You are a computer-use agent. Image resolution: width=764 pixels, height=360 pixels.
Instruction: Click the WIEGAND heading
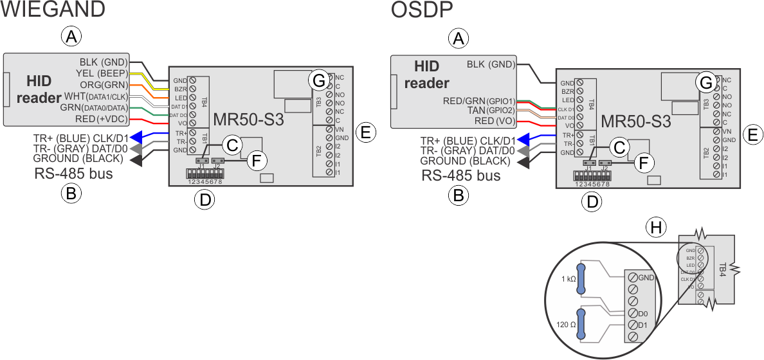point(53,10)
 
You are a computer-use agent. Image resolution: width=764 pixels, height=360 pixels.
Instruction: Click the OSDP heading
point(422,10)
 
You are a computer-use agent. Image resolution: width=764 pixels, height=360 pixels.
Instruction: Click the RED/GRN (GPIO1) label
point(480,100)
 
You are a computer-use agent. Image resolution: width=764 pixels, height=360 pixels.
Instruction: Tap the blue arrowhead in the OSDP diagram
point(525,138)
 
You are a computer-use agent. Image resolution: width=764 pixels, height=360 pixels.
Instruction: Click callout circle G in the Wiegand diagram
point(318,80)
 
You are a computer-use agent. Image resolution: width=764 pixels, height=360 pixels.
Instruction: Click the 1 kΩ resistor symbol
point(582,280)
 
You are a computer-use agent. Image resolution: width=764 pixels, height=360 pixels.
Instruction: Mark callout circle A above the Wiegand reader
point(72,37)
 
